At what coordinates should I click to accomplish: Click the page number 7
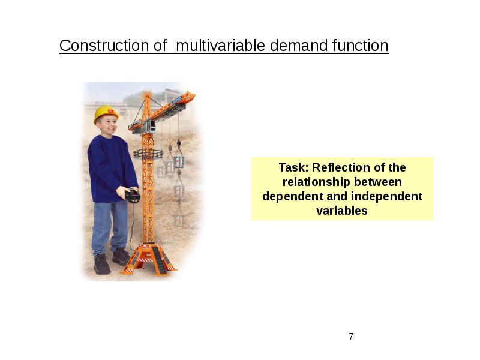pos(351,336)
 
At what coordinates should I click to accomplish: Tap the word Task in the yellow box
pos(294,168)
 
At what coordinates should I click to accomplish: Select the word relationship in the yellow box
pos(316,182)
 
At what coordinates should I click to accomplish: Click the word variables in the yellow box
pos(342,211)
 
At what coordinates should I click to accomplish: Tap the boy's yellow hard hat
pos(106,113)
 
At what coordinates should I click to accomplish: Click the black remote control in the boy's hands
pos(133,196)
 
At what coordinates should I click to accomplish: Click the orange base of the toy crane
pos(149,259)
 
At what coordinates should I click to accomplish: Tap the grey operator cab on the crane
pos(151,126)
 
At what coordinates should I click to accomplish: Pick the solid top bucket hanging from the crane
pos(179,162)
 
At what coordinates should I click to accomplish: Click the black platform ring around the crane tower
pos(148,154)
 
